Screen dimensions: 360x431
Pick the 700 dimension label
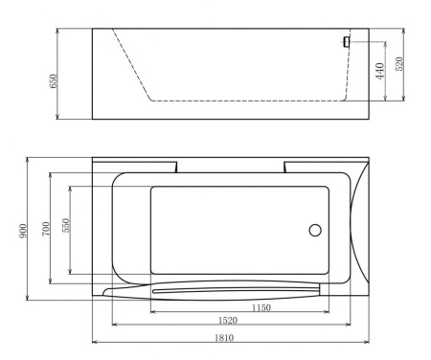pyautogui.click(x=45, y=230)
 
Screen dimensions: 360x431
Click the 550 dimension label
pyautogui.click(x=65, y=230)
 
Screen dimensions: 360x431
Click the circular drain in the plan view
pyautogui.click(x=314, y=230)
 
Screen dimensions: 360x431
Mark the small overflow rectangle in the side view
pyautogui.click(x=347, y=41)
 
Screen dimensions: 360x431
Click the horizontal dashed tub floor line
pyautogui.click(x=244, y=99)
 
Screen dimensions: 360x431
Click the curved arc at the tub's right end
pyautogui.click(x=353, y=230)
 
